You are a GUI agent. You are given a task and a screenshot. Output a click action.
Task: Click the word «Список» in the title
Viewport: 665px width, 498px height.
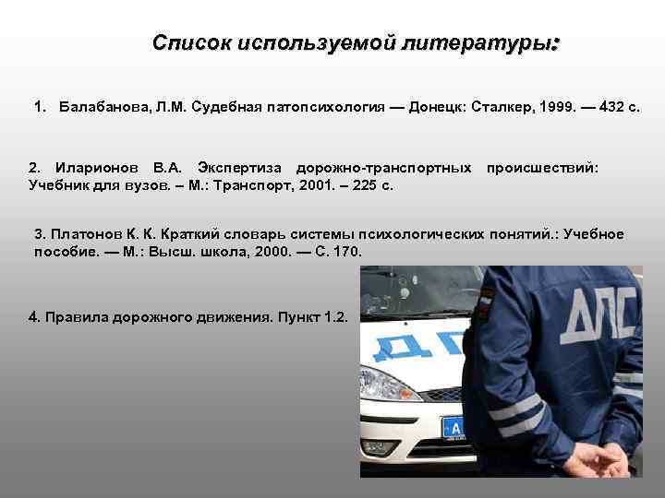191,42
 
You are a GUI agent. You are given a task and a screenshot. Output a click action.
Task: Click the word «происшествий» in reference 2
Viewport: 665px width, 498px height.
542,169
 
